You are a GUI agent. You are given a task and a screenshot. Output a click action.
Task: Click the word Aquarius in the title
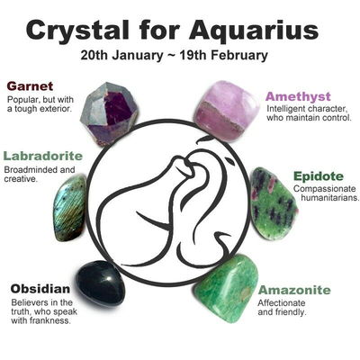[254, 31]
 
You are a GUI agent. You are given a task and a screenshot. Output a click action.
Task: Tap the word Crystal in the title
[77, 31]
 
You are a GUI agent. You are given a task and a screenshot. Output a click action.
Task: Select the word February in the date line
[238, 56]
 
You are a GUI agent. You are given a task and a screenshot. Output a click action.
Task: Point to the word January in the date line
[135, 56]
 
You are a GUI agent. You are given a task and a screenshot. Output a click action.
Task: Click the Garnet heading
[30, 86]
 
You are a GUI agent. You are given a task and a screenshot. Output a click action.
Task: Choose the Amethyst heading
[298, 96]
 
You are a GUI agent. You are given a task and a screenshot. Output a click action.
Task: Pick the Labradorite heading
[42, 156]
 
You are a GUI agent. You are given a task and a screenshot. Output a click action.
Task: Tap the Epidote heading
[319, 176]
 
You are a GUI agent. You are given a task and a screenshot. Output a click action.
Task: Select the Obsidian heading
[40, 289]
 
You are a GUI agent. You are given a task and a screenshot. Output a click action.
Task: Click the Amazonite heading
[294, 290]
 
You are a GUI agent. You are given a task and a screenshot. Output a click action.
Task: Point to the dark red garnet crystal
[109, 113]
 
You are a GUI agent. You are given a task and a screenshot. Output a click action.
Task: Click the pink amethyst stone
[227, 111]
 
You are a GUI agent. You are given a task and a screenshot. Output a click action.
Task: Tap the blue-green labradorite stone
[69, 208]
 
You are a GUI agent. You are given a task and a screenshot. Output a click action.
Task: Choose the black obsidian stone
[100, 283]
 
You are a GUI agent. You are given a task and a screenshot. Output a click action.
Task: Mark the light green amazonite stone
[227, 285]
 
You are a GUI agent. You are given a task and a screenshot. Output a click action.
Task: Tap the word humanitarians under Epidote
[330, 198]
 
